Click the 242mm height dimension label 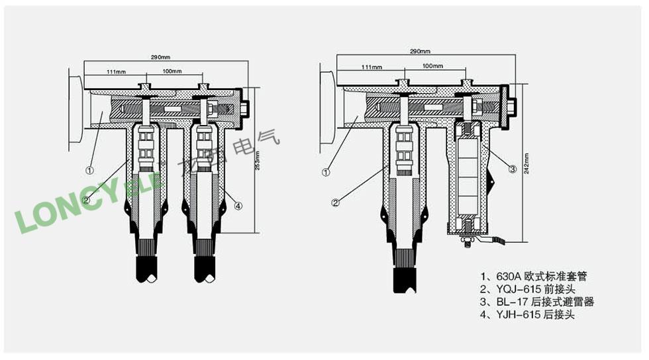point(526,163)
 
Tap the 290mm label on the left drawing point(160,58)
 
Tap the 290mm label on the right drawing point(420,52)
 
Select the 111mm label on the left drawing point(117,72)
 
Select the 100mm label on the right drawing point(432,66)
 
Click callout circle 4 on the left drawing point(238,206)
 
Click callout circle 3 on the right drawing point(513,169)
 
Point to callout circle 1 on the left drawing point(89,170)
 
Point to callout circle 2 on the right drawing point(336,202)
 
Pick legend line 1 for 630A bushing point(534,276)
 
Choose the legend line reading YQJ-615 point(528,289)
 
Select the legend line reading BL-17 point(537,302)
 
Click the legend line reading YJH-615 point(528,314)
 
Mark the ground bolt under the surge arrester point(468,242)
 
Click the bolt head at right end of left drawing point(246,109)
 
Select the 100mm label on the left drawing point(172,71)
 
